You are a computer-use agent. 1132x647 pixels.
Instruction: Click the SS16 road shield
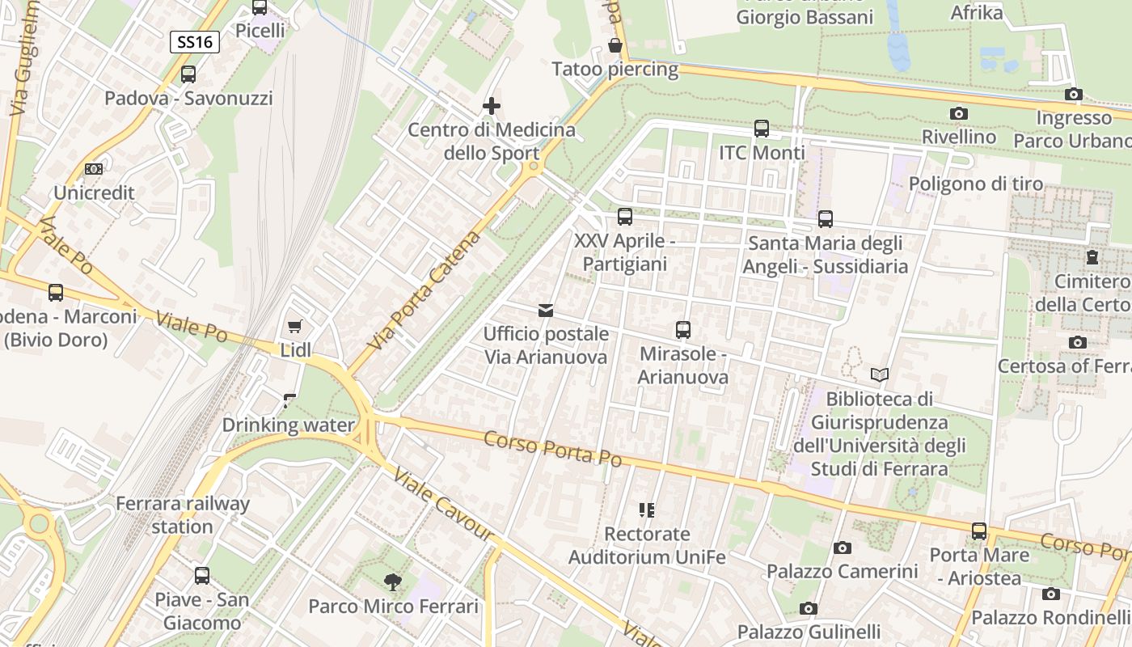point(195,42)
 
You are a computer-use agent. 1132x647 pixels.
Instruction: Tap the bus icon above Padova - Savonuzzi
point(188,74)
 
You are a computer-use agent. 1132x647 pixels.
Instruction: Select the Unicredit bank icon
point(94,169)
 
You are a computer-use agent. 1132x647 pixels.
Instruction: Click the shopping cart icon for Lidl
point(295,327)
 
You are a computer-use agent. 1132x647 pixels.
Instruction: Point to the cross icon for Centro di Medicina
point(491,106)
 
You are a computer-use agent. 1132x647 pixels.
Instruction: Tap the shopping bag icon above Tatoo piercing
point(615,45)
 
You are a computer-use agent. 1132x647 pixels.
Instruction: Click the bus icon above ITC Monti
point(762,129)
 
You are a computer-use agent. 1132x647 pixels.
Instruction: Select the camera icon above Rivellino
point(959,114)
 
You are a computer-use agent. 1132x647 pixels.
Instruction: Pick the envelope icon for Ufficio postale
point(546,310)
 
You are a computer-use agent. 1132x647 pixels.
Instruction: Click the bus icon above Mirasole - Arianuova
point(683,330)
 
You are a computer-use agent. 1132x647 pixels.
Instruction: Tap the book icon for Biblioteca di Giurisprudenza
point(880,374)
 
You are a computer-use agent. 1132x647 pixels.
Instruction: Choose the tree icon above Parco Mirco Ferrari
point(393,581)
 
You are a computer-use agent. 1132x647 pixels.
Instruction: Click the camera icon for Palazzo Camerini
point(843,548)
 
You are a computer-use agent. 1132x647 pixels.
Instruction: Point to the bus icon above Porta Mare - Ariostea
point(979,531)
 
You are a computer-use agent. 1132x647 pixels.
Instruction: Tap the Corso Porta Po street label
point(553,448)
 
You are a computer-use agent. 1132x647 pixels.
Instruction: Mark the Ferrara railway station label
point(183,515)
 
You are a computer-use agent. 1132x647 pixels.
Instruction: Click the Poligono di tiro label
point(976,184)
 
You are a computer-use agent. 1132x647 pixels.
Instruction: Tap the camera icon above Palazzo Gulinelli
point(808,608)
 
